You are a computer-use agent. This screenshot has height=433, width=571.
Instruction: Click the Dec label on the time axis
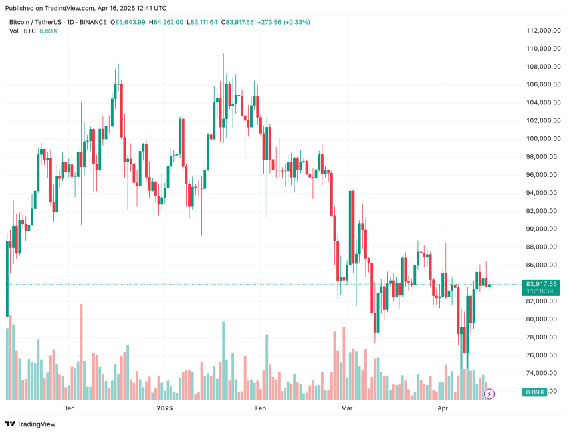(68, 408)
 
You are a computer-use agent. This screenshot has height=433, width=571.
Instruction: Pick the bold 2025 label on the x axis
(164, 408)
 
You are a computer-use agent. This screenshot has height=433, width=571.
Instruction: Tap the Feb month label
(260, 408)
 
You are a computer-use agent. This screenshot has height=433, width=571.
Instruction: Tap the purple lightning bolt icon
(490, 394)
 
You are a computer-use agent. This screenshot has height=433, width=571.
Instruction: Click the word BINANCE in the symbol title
(93, 22)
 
